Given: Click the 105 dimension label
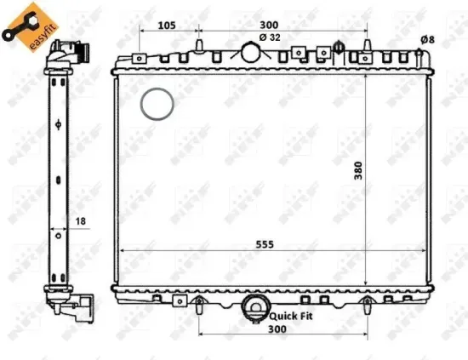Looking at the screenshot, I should point(167,25).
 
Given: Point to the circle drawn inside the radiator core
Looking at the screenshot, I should point(157,105).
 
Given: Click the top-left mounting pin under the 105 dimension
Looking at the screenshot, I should point(198,45).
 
